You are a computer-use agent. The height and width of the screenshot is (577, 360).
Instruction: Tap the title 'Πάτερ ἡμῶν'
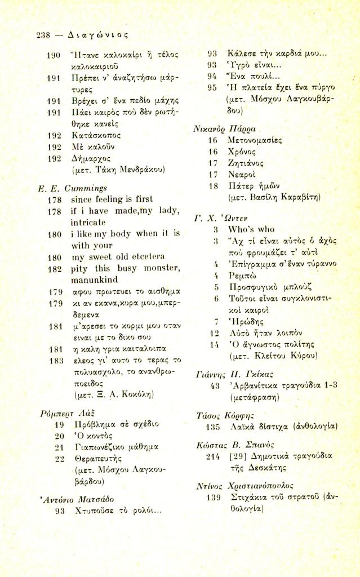[250, 185]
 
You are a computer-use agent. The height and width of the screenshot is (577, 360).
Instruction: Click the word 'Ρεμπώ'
[242, 277]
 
